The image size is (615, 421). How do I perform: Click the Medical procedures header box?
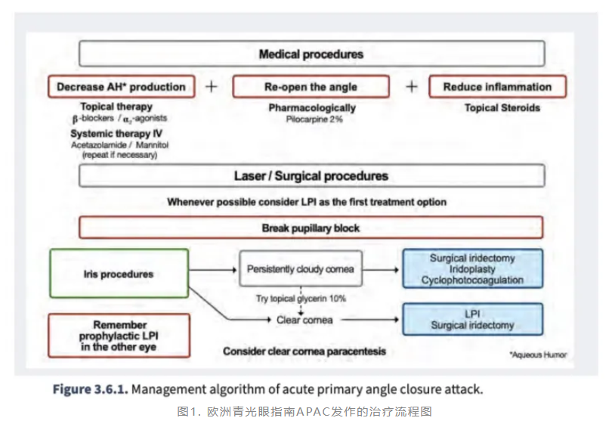(x=311, y=54)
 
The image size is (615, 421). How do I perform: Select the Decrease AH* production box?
(x=121, y=87)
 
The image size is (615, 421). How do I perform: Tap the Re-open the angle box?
(x=311, y=87)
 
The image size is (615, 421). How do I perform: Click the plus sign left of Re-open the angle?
(x=212, y=87)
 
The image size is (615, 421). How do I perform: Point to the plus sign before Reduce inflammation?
(x=411, y=87)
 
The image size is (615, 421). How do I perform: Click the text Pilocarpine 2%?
(x=311, y=119)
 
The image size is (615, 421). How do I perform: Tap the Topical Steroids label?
(x=502, y=108)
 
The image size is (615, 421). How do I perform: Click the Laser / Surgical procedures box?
(x=311, y=176)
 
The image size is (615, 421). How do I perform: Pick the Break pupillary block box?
(x=311, y=228)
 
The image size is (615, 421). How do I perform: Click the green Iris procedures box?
(x=118, y=274)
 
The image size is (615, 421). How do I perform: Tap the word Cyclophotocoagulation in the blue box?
(x=472, y=280)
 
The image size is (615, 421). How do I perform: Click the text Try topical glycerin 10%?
(x=301, y=299)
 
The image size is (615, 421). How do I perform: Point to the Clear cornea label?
(x=299, y=320)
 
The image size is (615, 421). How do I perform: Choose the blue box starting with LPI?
(x=472, y=319)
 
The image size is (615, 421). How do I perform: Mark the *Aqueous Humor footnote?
(x=537, y=354)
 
